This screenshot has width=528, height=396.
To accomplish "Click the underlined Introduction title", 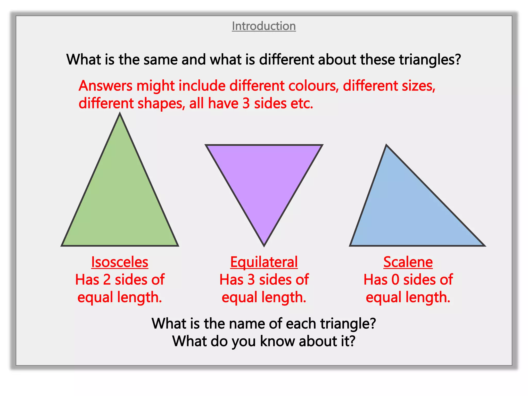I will tap(264, 26).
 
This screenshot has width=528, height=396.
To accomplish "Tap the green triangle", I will tap(120, 201).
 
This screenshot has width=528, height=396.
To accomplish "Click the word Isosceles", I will tap(120, 262).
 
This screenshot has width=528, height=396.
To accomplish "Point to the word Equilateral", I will tap(264, 262).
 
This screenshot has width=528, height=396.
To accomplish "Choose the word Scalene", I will tap(408, 262).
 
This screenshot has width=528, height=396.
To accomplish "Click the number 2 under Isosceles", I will tap(107, 280).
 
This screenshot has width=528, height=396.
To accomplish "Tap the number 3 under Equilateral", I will tap(251, 280).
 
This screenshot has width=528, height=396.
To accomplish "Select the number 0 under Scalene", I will tap(395, 280).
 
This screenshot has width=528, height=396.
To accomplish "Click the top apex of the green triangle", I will tap(120, 114).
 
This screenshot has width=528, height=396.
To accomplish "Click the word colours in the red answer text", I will tap(313, 86).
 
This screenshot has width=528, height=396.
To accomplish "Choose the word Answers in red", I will tap(106, 86).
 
